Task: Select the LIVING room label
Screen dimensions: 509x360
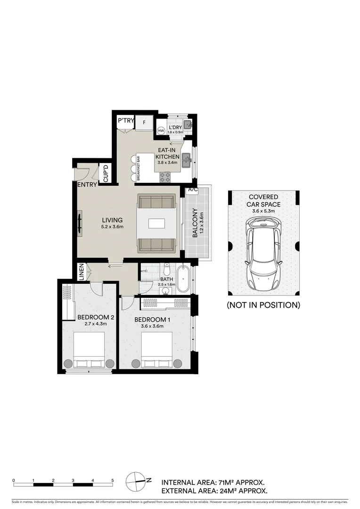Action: (x=112, y=220)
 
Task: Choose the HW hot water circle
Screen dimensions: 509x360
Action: (x=161, y=130)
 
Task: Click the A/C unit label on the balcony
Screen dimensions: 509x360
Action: (x=192, y=189)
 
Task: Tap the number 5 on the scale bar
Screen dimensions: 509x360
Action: (x=113, y=481)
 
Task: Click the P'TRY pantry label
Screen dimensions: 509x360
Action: (x=126, y=121)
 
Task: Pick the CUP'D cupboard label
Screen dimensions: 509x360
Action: (x=106, y=173)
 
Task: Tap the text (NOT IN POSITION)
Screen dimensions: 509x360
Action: (x=263, y=305)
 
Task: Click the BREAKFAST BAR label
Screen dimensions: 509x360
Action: (x=139, y=169)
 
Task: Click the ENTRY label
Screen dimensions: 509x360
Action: (x=87, y=185)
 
